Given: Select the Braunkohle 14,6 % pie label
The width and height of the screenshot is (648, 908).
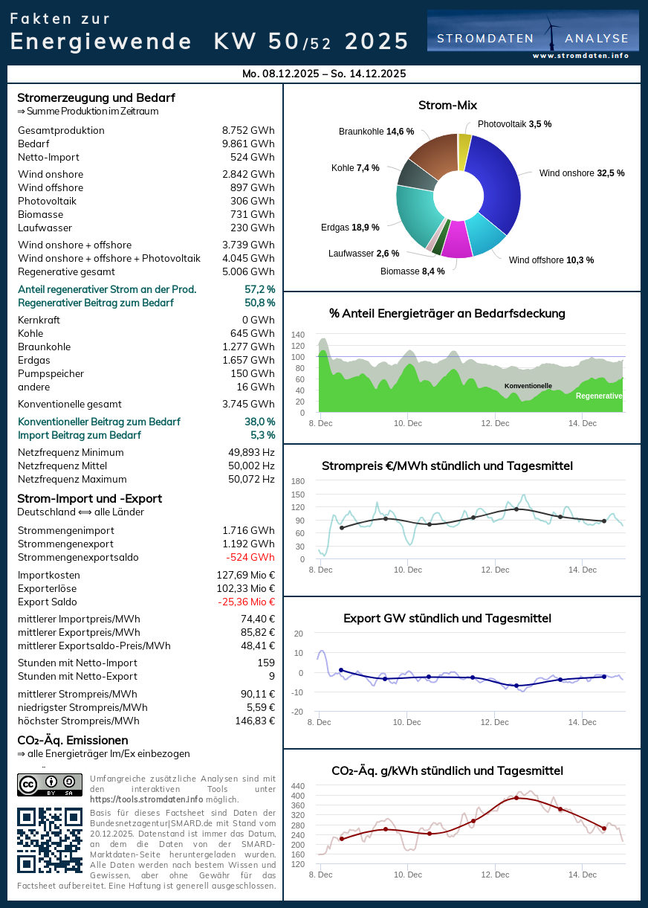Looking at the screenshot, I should [376, 132].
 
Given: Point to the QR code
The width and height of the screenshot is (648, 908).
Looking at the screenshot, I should [50, 840].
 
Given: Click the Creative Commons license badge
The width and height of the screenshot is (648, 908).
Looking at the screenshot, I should [50, 785].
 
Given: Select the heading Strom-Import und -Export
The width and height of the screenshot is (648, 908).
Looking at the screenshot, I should [89, 498].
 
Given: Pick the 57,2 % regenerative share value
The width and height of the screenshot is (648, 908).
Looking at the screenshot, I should [259, 289].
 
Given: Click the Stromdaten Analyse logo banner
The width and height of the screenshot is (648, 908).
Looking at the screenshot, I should [533, 34].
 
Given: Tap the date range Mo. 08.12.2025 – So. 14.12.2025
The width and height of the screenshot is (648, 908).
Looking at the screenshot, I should [324, 74].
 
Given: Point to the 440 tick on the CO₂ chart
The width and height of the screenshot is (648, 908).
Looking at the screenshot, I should [297, 786].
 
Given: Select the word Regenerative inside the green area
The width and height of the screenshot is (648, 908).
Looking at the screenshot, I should [599, 396].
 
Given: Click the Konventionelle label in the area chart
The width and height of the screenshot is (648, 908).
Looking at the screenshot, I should [528, 386].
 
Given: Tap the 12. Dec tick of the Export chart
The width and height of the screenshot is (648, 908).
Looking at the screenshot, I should [495, 722].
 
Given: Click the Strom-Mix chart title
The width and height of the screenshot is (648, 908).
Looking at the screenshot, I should [447, 106].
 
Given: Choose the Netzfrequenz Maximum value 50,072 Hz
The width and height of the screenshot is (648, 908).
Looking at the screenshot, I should [251, 479].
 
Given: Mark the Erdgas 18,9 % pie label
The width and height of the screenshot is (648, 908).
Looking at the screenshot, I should [350, 228].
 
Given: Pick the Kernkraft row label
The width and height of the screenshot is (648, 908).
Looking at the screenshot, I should [39, 320].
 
